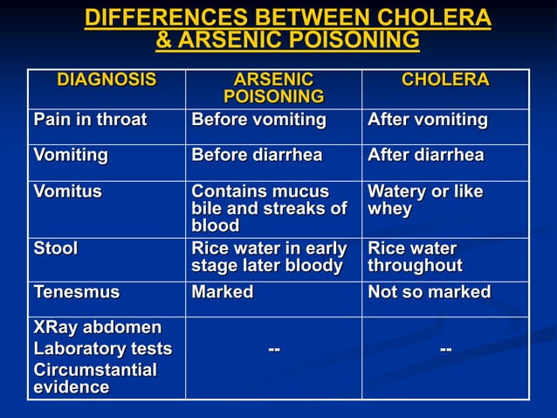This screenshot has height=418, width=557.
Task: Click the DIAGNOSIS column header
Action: click(107, 80)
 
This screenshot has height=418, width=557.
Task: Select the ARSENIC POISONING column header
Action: click(273, 88)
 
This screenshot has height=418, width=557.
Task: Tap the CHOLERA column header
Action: click(444, 80)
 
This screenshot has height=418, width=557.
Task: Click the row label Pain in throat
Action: click(90, 120)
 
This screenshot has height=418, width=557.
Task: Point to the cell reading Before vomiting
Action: click(258, 120)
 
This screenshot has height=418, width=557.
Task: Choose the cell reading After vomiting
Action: click(427, 120)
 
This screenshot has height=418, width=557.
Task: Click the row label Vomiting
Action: click(71, 156)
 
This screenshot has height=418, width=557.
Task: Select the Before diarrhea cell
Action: click(257, 156)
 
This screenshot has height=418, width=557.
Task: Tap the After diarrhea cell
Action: click(425, 156)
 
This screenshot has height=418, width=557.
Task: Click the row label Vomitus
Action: click(67, 192)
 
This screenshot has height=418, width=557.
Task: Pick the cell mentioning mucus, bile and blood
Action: click(268, 208)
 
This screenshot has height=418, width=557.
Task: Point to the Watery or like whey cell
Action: click(425, 200)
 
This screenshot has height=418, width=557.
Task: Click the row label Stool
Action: click(56, 248)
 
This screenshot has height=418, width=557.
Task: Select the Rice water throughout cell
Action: click(415, 257)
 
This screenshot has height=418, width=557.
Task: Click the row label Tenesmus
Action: click(77, 292)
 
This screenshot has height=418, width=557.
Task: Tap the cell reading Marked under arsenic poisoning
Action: click(222, 292)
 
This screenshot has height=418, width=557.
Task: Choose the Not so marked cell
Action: click(429, 292)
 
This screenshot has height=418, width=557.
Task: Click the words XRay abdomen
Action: click(97, 328)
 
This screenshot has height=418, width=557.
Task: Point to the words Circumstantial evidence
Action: click(94, 379)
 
